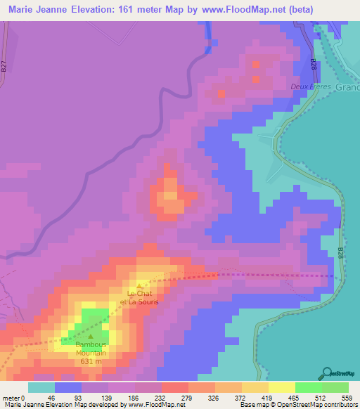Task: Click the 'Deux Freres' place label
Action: point(309,87)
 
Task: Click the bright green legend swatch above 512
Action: point(309,387)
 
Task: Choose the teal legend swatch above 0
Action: point(41,387)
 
